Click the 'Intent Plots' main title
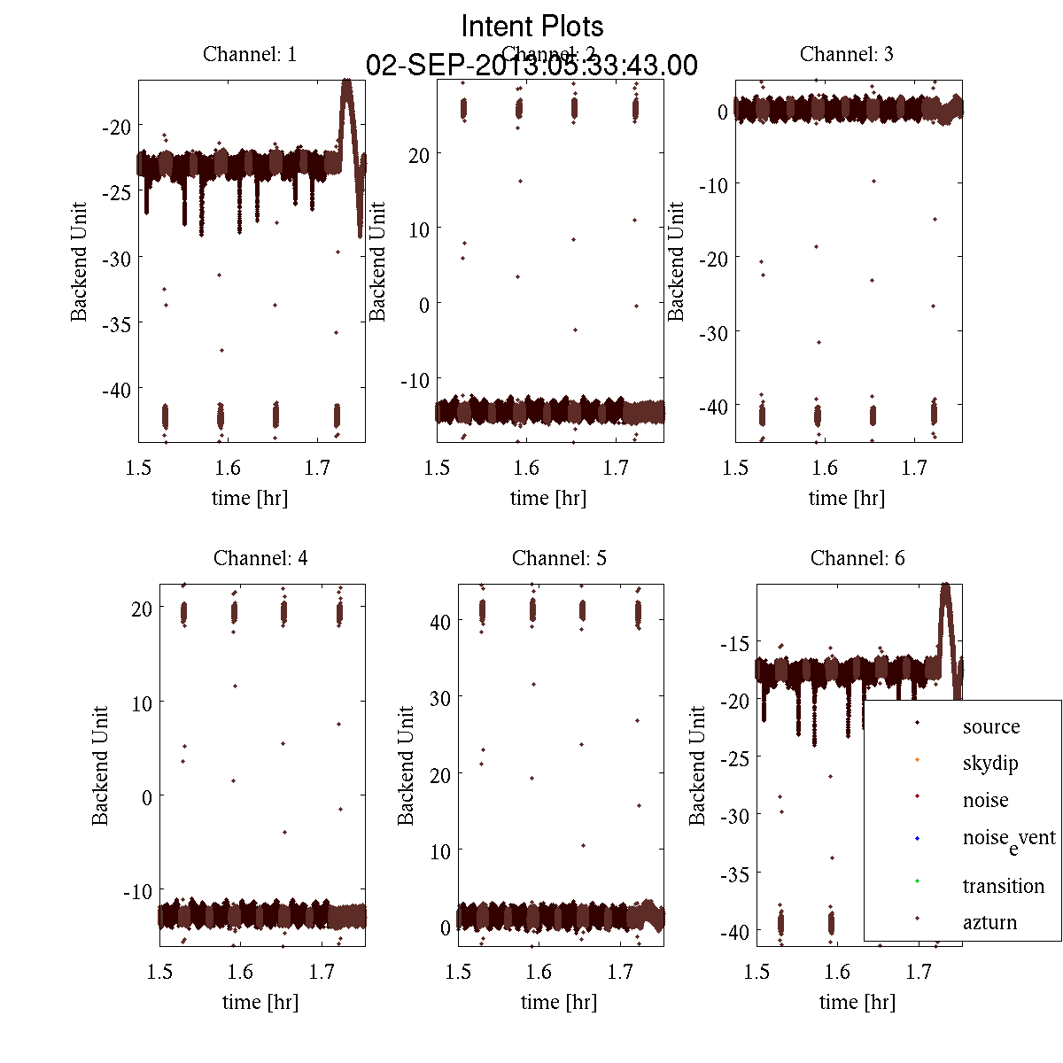click(532, 26)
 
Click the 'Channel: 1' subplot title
click(250, 54)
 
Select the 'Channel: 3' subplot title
click(846, 54)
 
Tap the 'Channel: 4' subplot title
click(260, 558)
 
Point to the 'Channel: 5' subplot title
click(559, 558)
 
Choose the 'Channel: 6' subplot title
click(857, 558)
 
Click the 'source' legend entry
click(990, 726)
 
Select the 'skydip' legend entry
click(990, 763)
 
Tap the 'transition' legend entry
click(1003, 886)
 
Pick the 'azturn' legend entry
click(989, 922)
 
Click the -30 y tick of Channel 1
click(116, 258)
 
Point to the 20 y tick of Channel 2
click(418, 155)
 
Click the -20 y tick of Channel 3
click(713, 258)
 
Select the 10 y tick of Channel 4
click(142, 702)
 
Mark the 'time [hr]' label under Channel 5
click(559, 1002)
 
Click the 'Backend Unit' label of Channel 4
click(100, 765)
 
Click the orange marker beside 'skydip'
click(917, 759)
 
